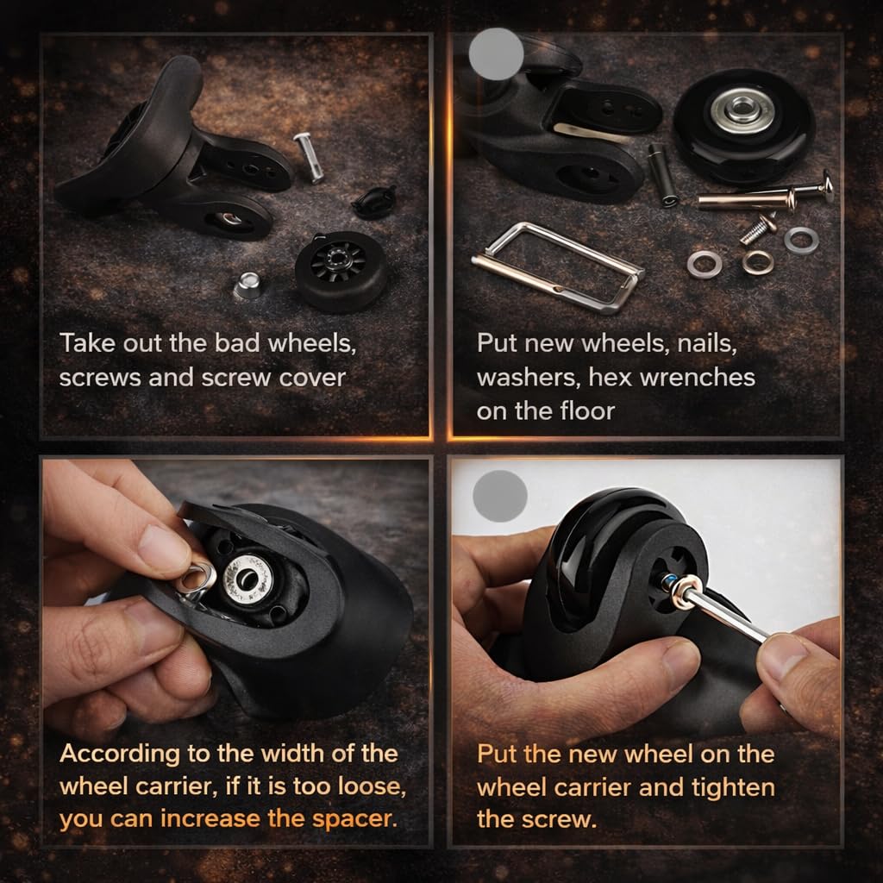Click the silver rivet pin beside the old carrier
click(x=309, y=157)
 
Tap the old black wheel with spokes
click(x=341, y=271)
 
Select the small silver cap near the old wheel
click(x=247, y=285)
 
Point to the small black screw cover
click(x=374, y=201)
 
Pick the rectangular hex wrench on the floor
click(x=558, y=266)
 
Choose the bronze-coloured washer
click(x=757, y=262)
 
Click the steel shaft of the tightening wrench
click(x=726, y=616)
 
